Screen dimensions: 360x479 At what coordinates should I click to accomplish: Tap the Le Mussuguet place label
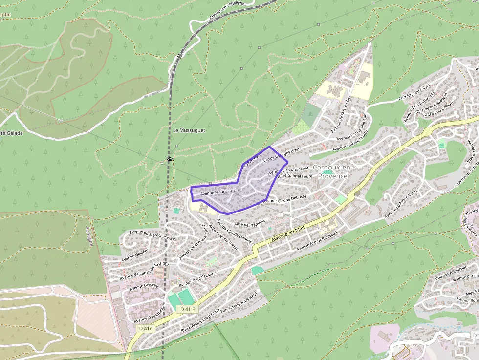(189, 130)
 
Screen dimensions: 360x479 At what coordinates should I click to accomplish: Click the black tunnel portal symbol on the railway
(170, 160)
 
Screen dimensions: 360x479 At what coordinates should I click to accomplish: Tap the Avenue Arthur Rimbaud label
(316, 239)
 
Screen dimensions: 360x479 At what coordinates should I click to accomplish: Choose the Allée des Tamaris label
(250, 223)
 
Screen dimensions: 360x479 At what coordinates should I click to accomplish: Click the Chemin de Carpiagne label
(226, 11)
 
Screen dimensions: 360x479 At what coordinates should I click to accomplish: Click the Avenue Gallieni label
(134, 254)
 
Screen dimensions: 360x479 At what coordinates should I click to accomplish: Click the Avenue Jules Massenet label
(288, 170)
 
